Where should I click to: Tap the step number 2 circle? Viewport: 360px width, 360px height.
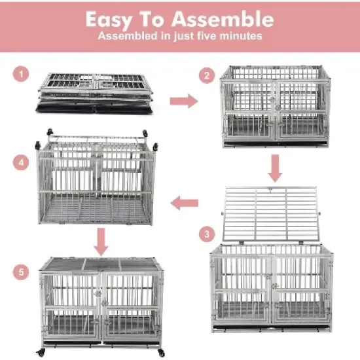coord(207,76)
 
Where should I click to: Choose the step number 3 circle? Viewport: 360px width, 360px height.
coord(207,234)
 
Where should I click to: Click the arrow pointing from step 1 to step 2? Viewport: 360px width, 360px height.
coord(183,100)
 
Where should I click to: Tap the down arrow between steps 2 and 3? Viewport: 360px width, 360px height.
coord(276,170)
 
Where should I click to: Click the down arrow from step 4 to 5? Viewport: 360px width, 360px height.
coord(100,242)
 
